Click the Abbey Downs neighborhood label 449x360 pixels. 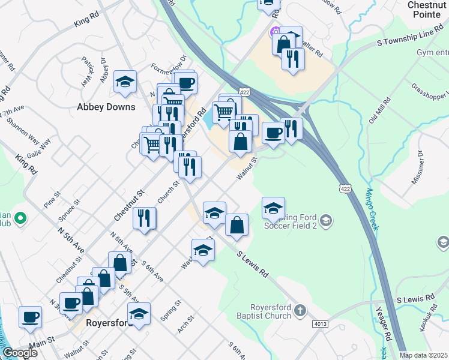point(106,107)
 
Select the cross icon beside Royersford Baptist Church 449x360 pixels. point(300,310)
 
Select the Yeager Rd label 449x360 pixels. point(397,325)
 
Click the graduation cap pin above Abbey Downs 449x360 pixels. point(125,82)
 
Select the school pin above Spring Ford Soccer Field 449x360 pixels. point(273,208)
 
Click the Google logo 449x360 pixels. point(20,353)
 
